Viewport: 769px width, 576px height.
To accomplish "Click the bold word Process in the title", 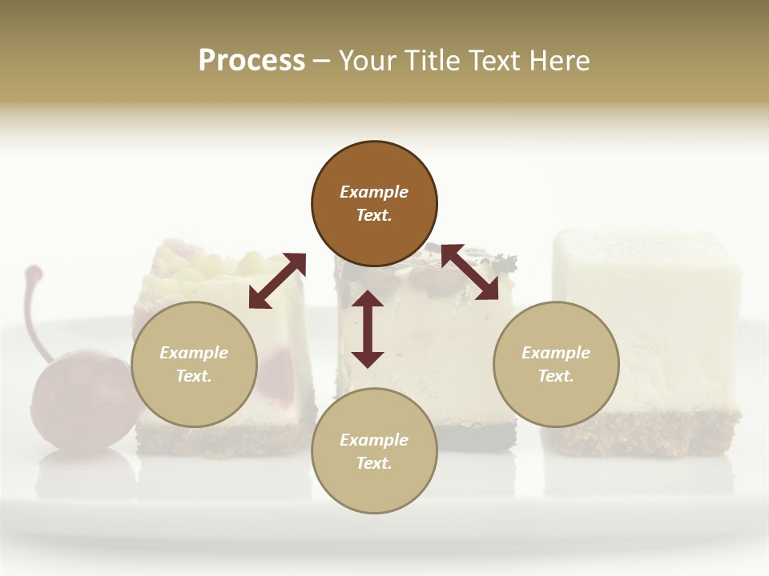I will click(252, 61).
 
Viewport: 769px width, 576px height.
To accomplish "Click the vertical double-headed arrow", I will click(368, 329).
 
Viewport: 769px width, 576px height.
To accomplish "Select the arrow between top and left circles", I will click(277, 281).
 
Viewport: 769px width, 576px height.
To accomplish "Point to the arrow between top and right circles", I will click(469, 272).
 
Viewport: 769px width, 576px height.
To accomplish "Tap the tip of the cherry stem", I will click(33, 272).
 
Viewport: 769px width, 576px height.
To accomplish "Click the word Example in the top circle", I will click(374, 192).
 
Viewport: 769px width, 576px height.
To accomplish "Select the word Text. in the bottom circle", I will click(374, 463).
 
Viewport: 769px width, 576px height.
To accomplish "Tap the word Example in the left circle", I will click(194, 353).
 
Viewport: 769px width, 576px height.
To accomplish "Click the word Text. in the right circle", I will click(556, 376).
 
